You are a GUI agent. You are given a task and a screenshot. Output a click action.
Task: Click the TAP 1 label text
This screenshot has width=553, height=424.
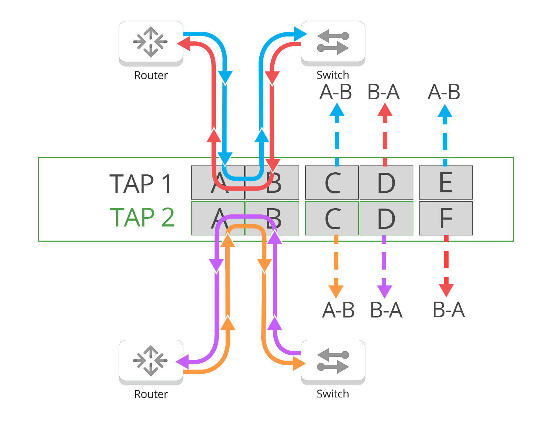[141, 184]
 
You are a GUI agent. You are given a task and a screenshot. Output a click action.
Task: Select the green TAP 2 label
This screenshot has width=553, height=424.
[142, 217]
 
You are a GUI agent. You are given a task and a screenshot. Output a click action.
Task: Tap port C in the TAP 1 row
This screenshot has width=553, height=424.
[332, 182]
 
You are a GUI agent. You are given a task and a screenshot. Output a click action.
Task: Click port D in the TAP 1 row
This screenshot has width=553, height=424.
[386, 182]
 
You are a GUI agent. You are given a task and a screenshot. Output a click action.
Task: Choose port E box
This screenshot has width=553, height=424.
[445, 182]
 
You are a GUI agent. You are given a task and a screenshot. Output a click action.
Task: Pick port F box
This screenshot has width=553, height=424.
[445, 218]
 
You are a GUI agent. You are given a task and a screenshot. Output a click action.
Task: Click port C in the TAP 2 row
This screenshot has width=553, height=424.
[332, 218]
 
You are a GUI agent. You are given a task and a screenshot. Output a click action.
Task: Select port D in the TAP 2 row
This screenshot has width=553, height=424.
[386, 218]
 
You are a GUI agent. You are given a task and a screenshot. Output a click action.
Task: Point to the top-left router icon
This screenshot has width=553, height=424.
[151, 42]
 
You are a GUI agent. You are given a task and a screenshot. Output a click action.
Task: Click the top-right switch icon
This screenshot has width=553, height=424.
[333, 42]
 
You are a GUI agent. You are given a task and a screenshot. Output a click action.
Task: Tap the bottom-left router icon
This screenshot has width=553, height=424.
[151, 361]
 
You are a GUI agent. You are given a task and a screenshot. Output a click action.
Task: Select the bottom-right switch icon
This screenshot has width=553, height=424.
[333, 361]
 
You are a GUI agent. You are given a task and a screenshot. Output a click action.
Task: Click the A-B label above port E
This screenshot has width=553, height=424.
[444, 92]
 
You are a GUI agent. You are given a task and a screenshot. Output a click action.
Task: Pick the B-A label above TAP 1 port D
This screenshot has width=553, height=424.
[384, 92]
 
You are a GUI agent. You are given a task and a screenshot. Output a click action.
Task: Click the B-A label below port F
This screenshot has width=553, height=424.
[449, 310]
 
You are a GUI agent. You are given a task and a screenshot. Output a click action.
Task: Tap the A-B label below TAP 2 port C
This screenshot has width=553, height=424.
[339, 310]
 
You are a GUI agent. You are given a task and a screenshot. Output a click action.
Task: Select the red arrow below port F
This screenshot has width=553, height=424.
[446, 265]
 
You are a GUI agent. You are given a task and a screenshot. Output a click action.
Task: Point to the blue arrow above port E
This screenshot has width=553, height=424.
[445, 134]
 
